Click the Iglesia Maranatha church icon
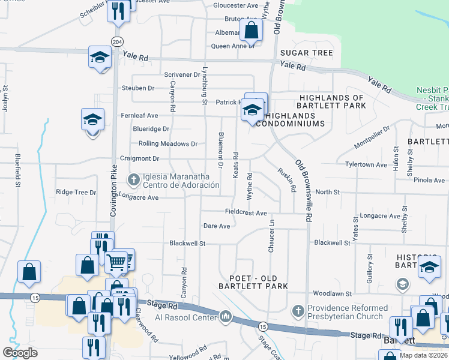coord(134,179)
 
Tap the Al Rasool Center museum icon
coord(226,316)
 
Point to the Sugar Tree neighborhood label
coord(306,53)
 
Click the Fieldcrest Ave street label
coord(246,212)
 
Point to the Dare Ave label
coord(217,226)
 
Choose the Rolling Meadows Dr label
coord(167,144)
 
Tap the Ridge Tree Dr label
coord(76,193)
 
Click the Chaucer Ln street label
coord(271,236)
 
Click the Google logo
coord(20,353)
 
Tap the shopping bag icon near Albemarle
coord(252,29)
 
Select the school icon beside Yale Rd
coord(100,58)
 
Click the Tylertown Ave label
coord(366,164)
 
